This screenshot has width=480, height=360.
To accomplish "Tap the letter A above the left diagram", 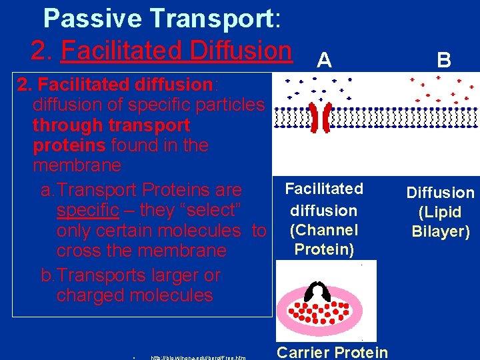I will [x=324, y=61].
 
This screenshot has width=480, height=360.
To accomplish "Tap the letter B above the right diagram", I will [x=444, y=61].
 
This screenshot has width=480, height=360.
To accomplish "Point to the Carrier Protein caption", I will [x=332, y=351].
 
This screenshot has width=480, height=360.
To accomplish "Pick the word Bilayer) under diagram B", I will [x=441, y=232].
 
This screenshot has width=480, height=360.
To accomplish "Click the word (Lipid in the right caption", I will [x=441, y=213].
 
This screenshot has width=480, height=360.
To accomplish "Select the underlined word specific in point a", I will [x=87, y=210].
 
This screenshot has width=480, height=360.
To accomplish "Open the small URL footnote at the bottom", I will [x=198, y=357].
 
